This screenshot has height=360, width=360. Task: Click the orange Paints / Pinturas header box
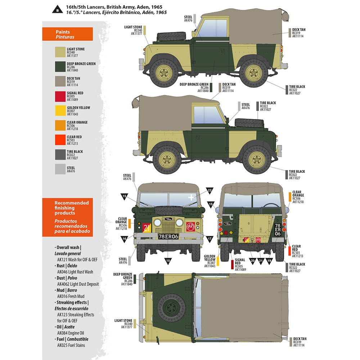click(67, 34)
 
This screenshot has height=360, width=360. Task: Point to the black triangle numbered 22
click(210, 190)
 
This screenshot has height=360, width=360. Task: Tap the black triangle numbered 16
click(124, 238)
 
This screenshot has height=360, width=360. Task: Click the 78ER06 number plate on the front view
click(168, 236)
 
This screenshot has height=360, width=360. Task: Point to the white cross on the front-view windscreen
click(191, 197)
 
